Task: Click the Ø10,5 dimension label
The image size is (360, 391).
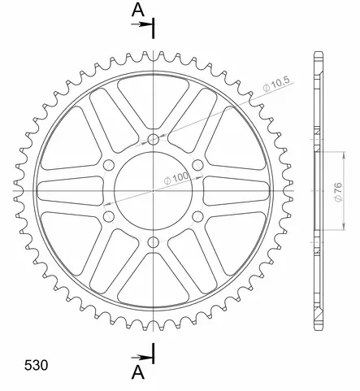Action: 276,84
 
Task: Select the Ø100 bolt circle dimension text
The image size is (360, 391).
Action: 176,178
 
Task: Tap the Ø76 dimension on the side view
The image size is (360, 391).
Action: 338,192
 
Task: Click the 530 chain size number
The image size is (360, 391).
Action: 36,365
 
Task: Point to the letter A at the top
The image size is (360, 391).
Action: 138,10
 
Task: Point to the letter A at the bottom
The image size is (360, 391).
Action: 138,372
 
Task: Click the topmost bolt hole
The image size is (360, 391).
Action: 154,140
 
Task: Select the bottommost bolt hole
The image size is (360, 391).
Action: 154,242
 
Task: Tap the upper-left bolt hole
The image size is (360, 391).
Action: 109,165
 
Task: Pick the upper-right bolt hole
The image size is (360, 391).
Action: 197,165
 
